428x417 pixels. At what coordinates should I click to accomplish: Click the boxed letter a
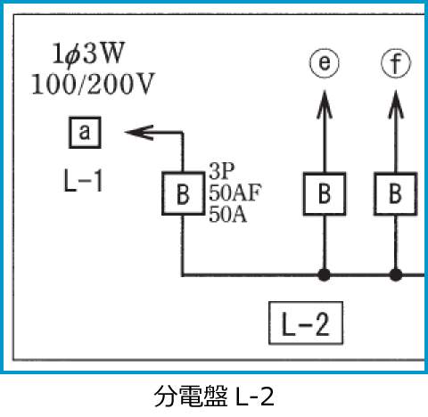84,134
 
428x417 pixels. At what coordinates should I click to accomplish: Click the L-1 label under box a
83,183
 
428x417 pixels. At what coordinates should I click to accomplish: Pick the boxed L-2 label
306,324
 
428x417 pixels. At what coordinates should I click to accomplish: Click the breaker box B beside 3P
182,192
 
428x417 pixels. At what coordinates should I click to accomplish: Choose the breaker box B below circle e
325,192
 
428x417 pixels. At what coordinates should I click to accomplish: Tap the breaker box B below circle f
394,192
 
